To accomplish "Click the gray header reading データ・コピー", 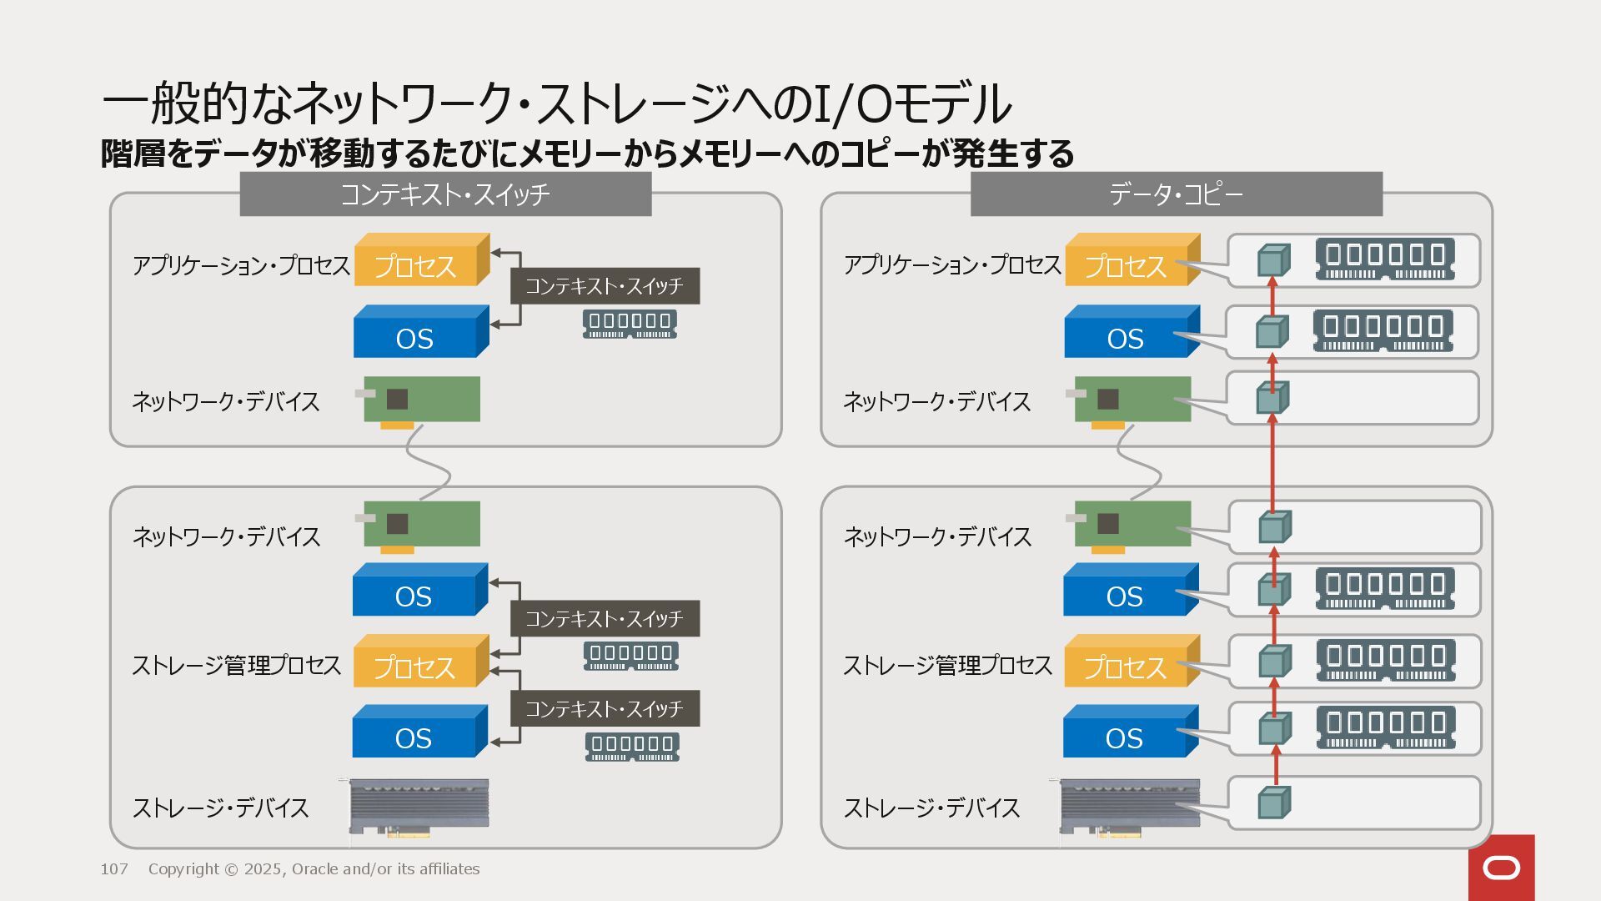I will pos(1176,194).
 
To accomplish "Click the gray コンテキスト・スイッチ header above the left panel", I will pos(445,194).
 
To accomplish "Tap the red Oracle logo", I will pos(1501,868).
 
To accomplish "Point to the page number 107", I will pos(114,869).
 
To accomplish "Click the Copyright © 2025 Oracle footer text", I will pos(314,869).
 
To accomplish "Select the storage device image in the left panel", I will pos(419,807).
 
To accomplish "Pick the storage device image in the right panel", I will pos(1129,807).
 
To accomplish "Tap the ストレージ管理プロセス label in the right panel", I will pos(947,666).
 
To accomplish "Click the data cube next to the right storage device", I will pos(1272,803).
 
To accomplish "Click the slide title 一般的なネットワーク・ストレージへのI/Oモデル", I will pos(556,103).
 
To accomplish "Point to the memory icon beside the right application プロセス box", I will pos(1385,259).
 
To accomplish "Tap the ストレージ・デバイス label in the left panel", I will pos(221,808).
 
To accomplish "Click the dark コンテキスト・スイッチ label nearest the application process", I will pos(605,286).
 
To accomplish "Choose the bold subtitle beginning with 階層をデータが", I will pos(587,154).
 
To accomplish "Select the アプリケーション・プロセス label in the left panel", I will pos(241,266).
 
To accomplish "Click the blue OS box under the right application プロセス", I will pos(1127,336).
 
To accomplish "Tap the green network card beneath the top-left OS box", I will pos(421,400).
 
